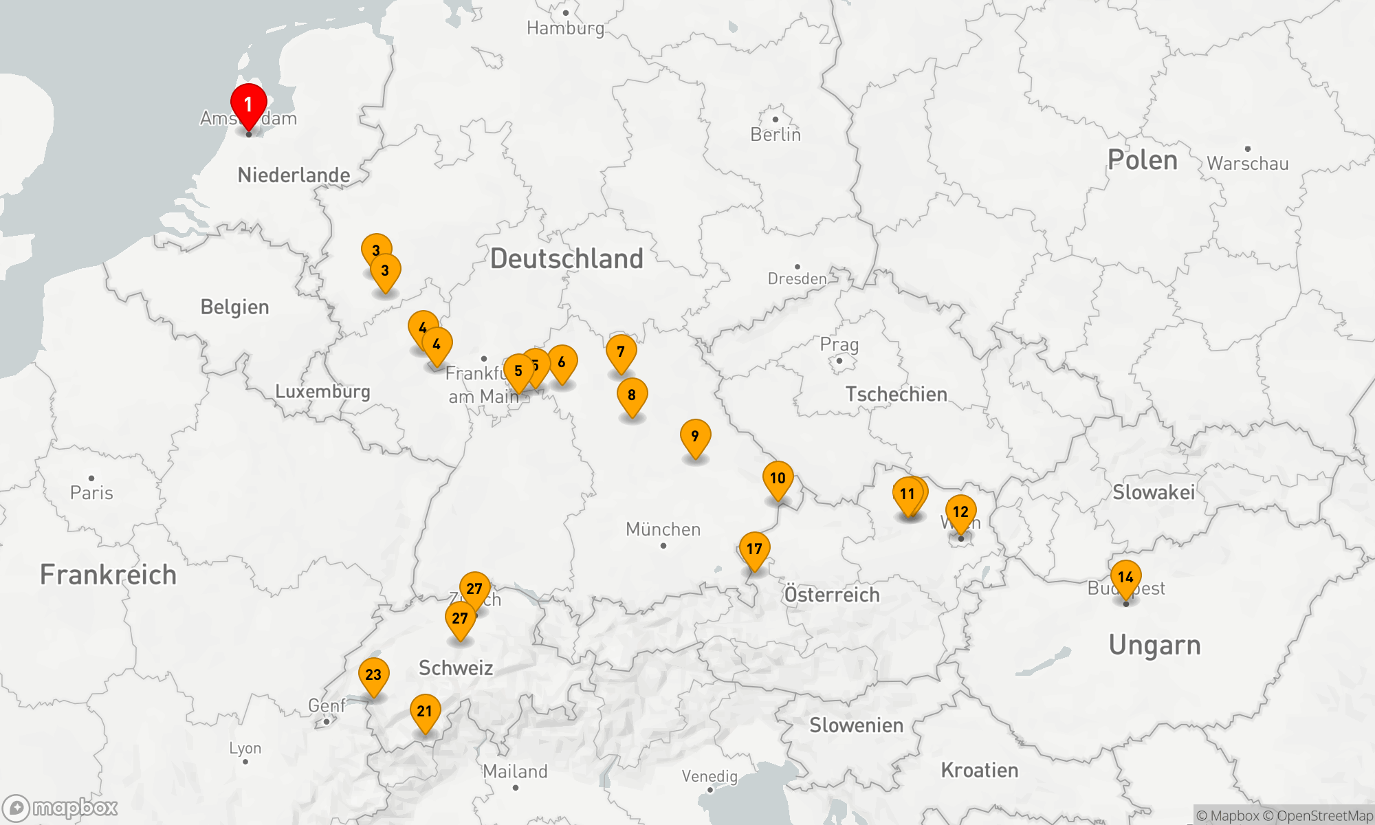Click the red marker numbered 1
[x=248, y=105]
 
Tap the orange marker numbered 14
[x=1125, y=577]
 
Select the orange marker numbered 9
[x=695, y=437]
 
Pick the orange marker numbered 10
[x=778, y=478]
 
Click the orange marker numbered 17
[x=754, y=549]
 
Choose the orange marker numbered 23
[x=373, y=675]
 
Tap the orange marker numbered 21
[x=425, y=712]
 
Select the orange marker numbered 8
[x=632, y=395]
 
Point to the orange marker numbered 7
[x=621, y=352]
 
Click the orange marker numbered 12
[x=960, y=512]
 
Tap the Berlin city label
[x=775, y=135]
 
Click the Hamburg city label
[x=565, y=28]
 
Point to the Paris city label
[x=91, y=493]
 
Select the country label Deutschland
[x=566, y=259]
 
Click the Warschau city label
[x=1247, y=164]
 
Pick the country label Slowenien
[x=856, y=725]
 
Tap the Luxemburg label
[x=322, y=392]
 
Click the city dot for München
[x=663, y=546]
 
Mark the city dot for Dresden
[x=797, y=267]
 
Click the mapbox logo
[x=60, y=808]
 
